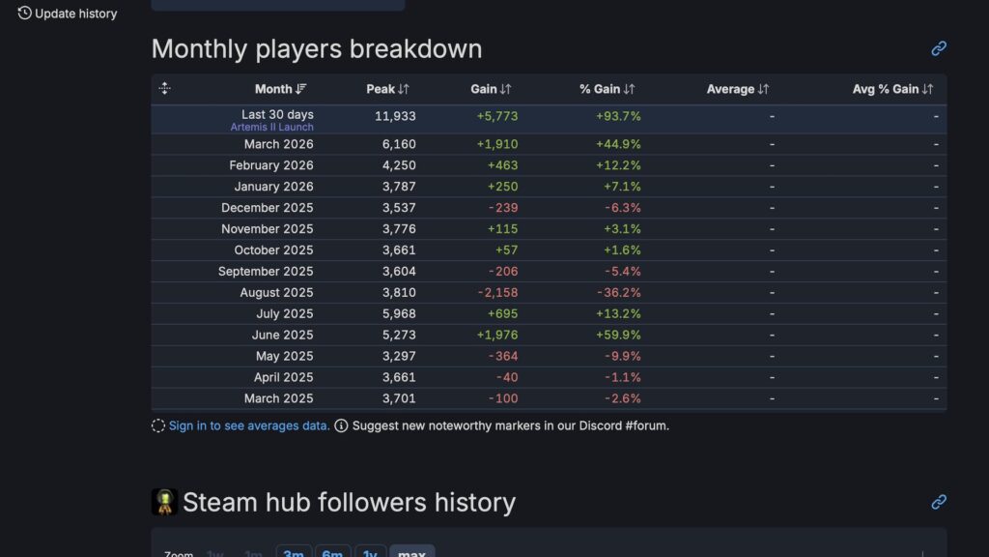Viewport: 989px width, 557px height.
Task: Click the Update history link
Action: point(67,14)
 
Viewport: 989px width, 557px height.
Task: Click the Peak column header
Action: point(387,89)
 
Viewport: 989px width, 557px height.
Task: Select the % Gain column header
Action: point(607,89)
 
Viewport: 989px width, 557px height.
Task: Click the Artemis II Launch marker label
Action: point(271,127)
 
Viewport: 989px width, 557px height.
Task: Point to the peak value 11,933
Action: point(395,116)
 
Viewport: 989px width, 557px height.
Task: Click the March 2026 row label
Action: point(278,144)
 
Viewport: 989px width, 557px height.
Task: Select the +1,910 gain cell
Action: point(497,144)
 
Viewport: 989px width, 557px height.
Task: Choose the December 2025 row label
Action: point(267,208)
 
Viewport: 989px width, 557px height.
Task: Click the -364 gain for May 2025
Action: point(503,357)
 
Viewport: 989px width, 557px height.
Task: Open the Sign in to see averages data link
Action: point(249,425)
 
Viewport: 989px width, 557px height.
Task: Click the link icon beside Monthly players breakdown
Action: point(939,48)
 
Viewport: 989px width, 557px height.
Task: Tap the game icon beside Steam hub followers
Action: point(164,502)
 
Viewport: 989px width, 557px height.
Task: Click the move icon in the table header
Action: point(164,89)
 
